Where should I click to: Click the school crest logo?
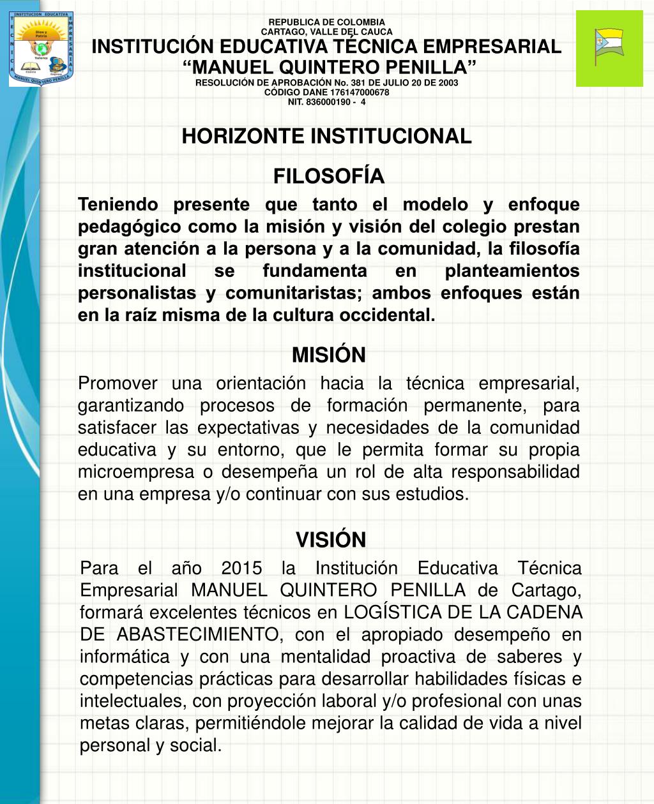[42, 49]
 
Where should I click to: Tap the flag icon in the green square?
[609, 47]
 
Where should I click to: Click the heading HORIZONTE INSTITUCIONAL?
[326, 136]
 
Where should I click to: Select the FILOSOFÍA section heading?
[328, 176]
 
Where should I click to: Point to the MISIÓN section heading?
[328, 355]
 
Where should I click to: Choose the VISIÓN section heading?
[330, 540]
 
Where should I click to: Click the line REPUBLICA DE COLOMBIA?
[326, 22]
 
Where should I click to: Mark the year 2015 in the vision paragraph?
[241, 568]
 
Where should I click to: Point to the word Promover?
[117, 383]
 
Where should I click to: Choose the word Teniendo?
[118, 204]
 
